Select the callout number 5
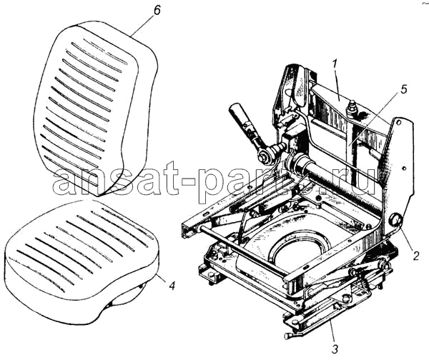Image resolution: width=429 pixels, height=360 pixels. (403, 90)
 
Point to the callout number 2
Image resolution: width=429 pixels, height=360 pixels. (415, 256)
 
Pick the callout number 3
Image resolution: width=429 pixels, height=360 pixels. (335, 349)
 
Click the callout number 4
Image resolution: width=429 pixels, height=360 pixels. (172, 286)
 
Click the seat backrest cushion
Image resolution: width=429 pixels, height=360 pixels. (95, 109)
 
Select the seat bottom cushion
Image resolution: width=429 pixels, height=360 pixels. (82, 260)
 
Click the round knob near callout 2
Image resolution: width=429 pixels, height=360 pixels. (395, 220)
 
